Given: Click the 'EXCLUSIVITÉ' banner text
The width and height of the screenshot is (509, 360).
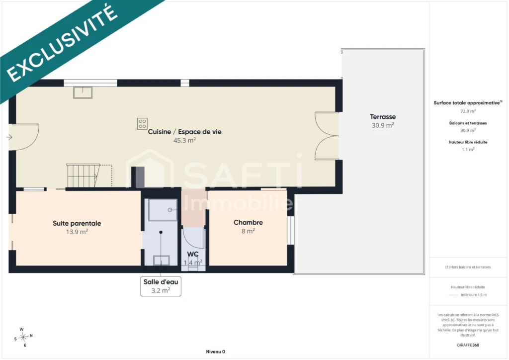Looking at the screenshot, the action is coord(62,43).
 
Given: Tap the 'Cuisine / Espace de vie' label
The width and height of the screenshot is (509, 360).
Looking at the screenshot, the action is coord(184,132).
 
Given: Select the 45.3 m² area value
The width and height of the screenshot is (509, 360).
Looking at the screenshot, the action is coord(184,140).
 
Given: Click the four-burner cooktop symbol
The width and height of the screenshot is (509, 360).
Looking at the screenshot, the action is coord(142,124).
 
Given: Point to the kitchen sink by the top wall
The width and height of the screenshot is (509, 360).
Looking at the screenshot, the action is coord(83,92).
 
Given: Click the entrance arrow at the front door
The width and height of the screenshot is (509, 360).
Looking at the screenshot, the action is coord(9,137).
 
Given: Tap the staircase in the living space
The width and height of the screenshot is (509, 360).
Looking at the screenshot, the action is coord(83,176).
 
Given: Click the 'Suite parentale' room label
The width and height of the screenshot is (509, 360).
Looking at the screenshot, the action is coord(77,223).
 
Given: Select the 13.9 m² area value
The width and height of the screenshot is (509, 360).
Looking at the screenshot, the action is coord(77,232).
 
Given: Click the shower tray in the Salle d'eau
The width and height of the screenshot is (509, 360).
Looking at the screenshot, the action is coord(163,210).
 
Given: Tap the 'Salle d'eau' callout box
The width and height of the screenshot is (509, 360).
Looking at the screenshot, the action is coord(161,286).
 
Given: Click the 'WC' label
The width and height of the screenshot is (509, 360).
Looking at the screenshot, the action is coord(193,254).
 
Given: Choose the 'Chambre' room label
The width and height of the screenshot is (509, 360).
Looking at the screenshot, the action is coord(249,222).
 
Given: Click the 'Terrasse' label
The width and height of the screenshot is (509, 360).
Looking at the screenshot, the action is coord(383,117).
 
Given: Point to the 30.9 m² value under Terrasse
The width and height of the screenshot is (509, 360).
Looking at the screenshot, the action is coord(383,125).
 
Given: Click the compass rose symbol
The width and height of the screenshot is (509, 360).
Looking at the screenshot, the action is coord(23,337).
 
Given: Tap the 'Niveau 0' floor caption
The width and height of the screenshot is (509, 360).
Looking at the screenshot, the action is coord(216,352).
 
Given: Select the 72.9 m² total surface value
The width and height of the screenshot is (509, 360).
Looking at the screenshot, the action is coord(468,111).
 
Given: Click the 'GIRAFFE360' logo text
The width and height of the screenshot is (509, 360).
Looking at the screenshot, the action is coord(468,345).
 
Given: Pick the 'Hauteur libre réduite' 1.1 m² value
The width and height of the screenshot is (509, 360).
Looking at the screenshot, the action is coord(468,149).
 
